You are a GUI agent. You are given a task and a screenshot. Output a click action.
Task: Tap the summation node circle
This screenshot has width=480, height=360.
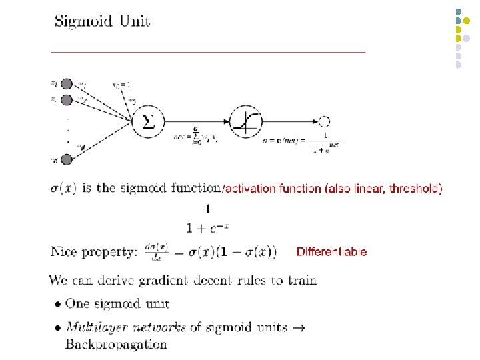pos(148,121)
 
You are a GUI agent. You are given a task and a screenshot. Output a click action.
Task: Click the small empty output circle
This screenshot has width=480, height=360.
pos(325,121)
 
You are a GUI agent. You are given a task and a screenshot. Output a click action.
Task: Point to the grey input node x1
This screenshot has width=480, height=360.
pos(67,85)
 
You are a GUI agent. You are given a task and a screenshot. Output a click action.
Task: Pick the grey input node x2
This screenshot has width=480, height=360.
pos(67,100)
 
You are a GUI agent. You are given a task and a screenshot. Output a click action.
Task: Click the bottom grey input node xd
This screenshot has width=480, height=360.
pos(67,159)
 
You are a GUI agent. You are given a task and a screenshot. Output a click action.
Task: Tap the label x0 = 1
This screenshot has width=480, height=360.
pos(121,85)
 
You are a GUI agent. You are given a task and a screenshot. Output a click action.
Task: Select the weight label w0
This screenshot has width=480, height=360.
pos(132,101)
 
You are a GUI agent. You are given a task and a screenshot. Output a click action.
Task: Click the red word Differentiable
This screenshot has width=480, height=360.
pos(331,252)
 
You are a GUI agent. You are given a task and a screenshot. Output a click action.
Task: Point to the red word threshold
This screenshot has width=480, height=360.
pos(415,189)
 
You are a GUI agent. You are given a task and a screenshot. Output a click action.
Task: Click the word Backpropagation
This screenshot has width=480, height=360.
pos(116,345)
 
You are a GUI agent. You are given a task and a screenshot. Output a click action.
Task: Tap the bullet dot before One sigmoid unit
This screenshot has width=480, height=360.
pos(58,304)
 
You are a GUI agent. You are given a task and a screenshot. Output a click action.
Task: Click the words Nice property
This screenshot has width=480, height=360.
pos(94,252)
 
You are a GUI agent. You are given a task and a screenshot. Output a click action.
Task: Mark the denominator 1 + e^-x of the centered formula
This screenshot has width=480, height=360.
pos(208,229)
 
